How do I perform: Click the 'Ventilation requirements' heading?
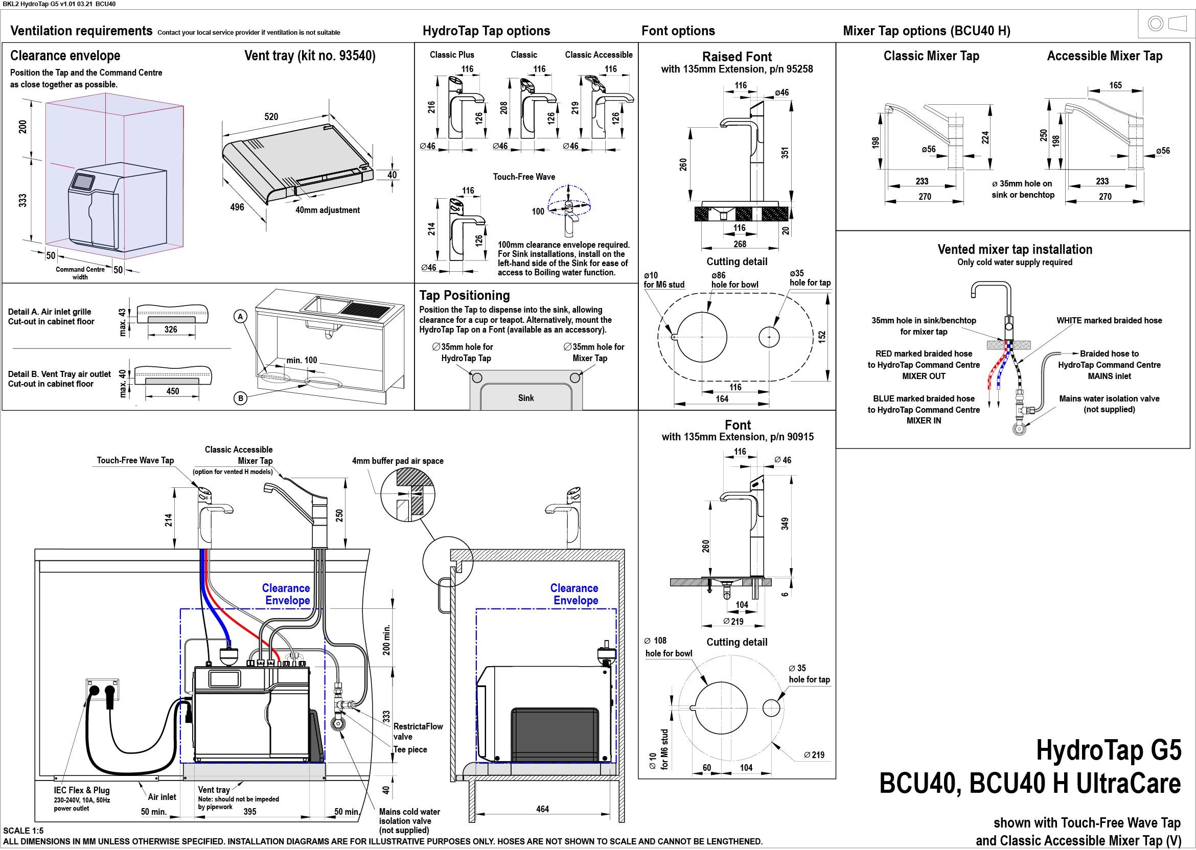(81, 31)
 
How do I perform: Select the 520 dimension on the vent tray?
(271, 116)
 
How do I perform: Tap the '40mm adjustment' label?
(328, 210)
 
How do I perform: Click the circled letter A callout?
(240, 317)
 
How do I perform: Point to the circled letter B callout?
(240, 398)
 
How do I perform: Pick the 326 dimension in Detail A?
(171, 329)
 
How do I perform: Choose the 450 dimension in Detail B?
(172, 391)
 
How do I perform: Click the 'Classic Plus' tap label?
(452, 55)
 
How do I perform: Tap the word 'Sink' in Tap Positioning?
(526, 398)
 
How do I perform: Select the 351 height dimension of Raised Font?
(785, 153)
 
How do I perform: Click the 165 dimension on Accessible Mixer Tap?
(1115, 85)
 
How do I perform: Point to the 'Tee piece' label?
(410, 749)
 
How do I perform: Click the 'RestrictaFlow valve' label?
(418, 731)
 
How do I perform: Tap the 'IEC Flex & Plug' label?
(82, 790)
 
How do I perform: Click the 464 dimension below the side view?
(542, 809)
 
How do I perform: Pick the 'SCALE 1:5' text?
(23, 831)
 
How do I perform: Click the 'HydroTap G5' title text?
(1109, 750)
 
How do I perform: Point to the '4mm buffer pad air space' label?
(398, 461)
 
